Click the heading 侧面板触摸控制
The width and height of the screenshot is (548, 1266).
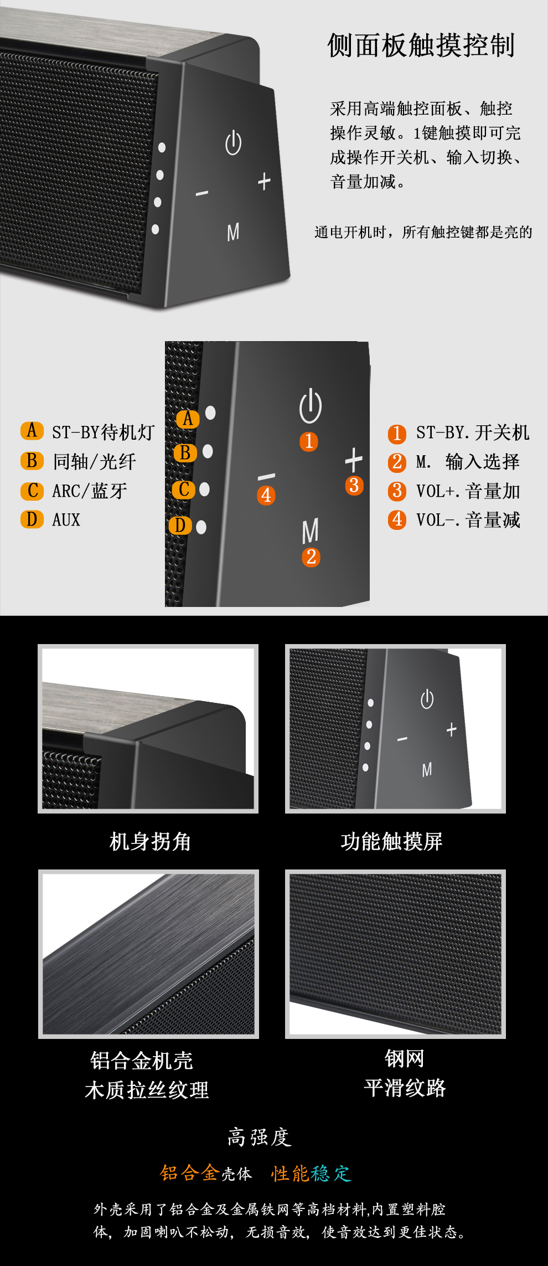pyautogui.click(x=421, y=45)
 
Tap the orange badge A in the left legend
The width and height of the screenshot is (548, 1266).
pyautogui.click(x=32, y=430)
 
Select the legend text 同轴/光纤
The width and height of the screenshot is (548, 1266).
pyautogui.click(x=95, y=461)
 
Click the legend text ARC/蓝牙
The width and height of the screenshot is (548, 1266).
pyautogui.click(x=90, y=491)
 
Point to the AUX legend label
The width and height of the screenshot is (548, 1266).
pyautogui.click(x=66, y=519)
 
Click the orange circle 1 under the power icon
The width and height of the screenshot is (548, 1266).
pyautogui.click(x=309, y=441)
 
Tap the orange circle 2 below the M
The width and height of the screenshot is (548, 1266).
pyautogui.click(x=311, y=557)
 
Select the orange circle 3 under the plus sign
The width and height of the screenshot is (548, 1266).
pyautogui.click(x=354, y=485)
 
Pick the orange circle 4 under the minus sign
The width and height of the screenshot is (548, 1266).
pyautogui.click(x=266, y=495)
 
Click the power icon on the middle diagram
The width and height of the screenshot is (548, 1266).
pyautogui.click(x=311, y=406)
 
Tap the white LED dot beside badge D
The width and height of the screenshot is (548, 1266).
pyautogui.click(x=201, y=527)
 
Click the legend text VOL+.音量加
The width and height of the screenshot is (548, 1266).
pyautogui.click(x=468, y=491)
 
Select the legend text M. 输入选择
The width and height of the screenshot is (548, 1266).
pyautogui.click(x=468, y=461)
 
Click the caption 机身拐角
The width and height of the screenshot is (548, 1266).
pyautogui.click(x=150, y=841)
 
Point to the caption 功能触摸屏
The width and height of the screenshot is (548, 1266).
pyautogui.click(x=392, y=841)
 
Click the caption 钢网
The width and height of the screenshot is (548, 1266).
pyautogui.click(x=405, y=1058)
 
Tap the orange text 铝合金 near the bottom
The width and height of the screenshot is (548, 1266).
pyautogui.click(x=190, y=1172)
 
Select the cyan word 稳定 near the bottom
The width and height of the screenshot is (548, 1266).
pyautogui.click(x=331, y=1173)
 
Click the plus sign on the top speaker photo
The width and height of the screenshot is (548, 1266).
pyautogui.click(x=265, y=181)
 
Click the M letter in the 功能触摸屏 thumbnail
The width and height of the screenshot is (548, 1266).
pyautogui.click(x=427, y=769)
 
